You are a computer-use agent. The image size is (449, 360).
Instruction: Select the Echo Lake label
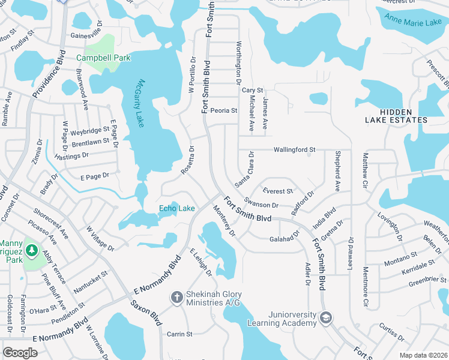176,208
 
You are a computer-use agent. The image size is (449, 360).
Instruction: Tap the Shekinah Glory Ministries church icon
176,296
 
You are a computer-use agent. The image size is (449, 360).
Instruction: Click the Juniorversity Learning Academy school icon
326,317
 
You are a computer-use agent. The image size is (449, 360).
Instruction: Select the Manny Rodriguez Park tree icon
30,250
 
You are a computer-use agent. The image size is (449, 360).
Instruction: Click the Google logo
20,352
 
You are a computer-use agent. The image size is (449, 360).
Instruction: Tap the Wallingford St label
294,149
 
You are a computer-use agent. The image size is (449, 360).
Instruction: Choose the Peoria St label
224,110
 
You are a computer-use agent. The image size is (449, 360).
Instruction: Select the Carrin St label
179,334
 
